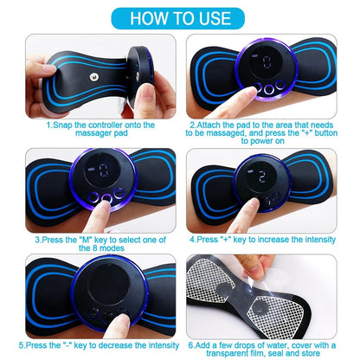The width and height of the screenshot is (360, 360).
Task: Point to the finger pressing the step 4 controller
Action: pos(286,208)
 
